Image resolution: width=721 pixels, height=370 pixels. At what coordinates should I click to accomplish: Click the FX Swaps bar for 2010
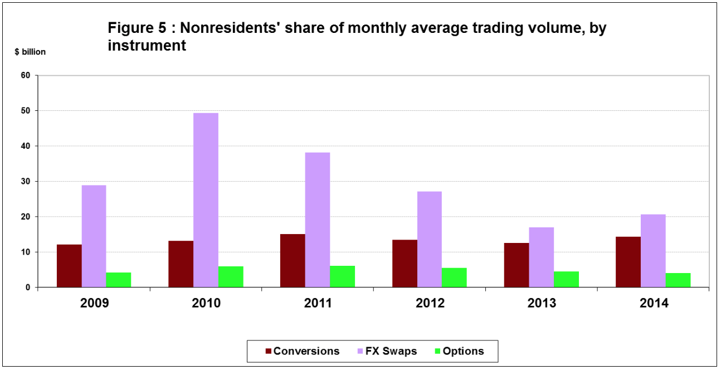tap(206, 200)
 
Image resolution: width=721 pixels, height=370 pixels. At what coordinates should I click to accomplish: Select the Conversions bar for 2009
tap(69, 266)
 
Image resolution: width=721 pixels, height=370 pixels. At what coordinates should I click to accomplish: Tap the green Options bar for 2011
tap(342, 276)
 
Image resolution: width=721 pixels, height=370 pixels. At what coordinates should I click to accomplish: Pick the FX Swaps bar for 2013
tap(541, 257)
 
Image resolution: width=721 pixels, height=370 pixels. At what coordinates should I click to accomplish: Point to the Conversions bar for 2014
tap(628, 262)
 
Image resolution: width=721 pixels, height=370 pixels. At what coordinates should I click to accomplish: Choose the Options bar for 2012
tap(454, 277)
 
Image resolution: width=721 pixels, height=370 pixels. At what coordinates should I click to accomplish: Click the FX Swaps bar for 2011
tap(318, 220)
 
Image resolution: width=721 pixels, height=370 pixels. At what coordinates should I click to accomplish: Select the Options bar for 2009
tap(118, 280)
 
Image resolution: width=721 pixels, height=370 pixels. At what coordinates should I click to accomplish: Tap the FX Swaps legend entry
tap(389, 351)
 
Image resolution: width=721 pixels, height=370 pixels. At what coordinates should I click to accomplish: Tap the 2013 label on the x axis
tap(542, 304)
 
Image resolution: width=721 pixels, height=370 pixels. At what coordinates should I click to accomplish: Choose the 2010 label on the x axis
tap(206, 304)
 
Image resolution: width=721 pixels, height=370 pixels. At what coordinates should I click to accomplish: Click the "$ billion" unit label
tap(30, 52)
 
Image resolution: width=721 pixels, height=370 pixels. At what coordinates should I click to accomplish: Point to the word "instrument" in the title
tap(147, 46)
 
